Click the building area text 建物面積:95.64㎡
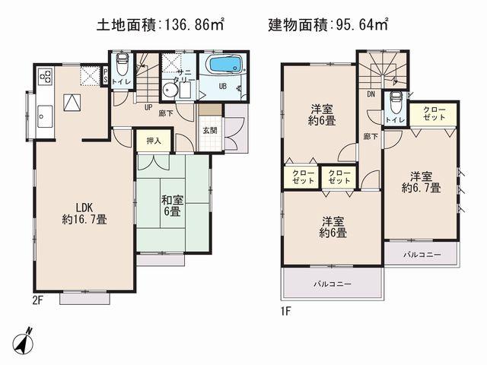pos(328,25)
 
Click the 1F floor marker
pos(288,310)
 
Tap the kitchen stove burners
pos(45,77)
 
